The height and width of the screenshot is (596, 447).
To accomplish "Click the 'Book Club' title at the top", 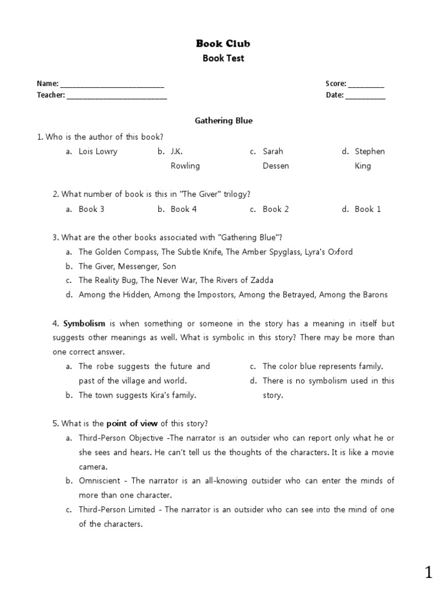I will tap(223, 43).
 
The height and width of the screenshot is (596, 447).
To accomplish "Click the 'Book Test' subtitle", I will tap(223, 58).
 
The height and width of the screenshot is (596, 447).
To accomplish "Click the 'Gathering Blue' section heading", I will tap(223, 120).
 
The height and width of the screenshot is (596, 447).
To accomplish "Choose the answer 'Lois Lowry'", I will tap(98, 151).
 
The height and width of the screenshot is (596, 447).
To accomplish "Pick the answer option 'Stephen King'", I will tap(370, 158).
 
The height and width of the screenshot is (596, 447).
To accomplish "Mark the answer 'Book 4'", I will tap(183, 209).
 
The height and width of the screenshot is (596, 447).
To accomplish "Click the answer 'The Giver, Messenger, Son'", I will tap(127, 266).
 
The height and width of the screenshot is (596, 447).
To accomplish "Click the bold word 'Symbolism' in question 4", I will tap(84, 323).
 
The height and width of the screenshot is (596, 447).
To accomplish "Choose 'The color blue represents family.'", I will tap(322, 366).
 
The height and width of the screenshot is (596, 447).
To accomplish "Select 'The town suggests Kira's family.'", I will tap(137, 395).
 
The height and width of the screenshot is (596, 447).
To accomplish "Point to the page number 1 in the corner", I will tap(428, 573).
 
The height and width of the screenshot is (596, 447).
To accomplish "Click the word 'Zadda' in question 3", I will tap(261, 280).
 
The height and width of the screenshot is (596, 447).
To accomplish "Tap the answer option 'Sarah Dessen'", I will tap(275, 158).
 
